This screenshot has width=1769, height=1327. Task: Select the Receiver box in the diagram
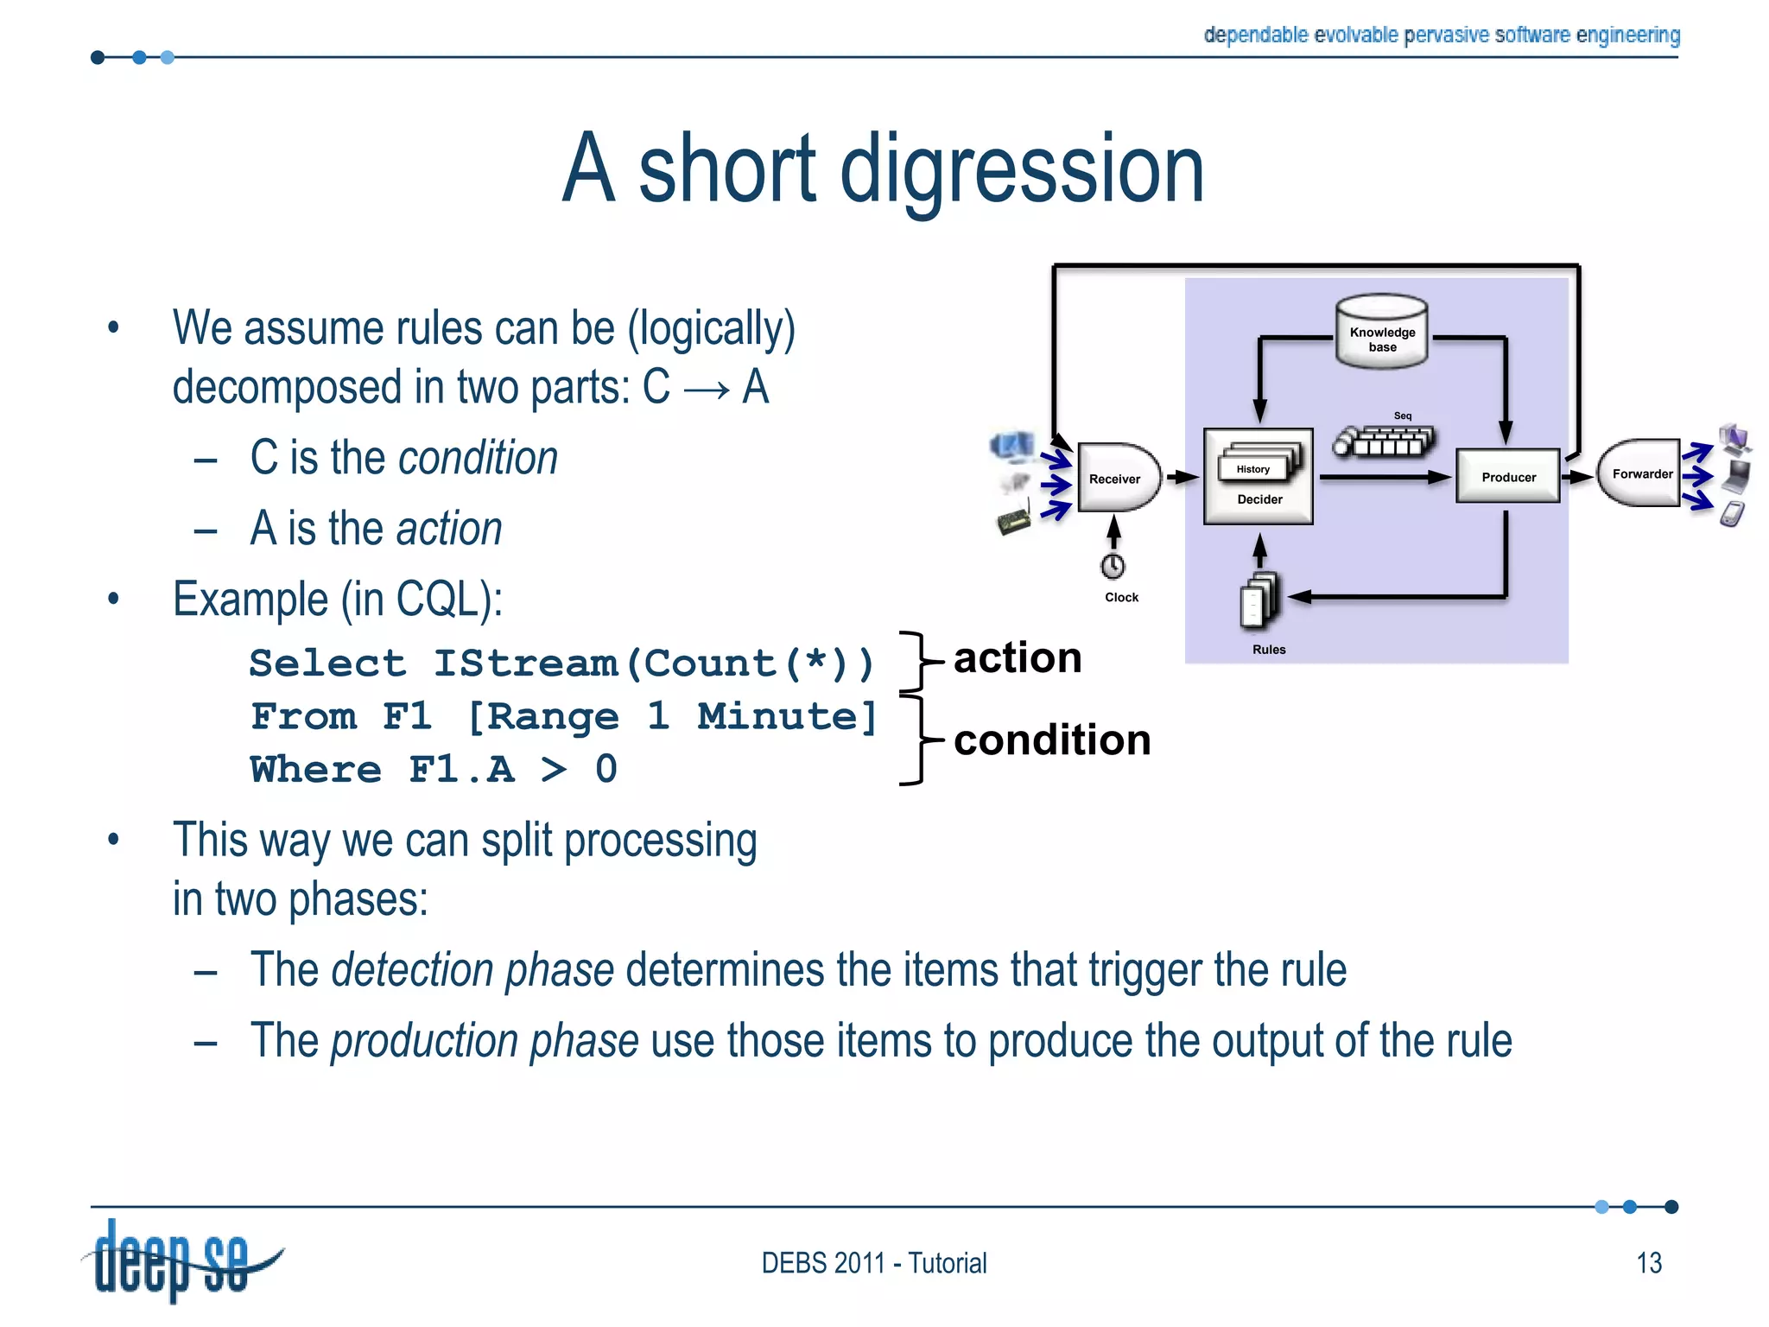pyautogui.click(x=1117, y=478)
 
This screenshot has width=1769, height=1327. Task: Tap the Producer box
pyautogui.click(x=1507, y=476)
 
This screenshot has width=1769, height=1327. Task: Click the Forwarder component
pyautogui.click(x=1640, y=473)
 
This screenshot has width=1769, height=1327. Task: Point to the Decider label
pyautogui.click(x=1259, y=499)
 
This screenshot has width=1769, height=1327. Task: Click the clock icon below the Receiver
pyautogui.click(x=1113, y=567)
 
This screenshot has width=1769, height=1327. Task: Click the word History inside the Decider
pyautogui.click(x=1252, y=469)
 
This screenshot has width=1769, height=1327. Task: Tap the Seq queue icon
pyautogui.click(x=1385, y=441)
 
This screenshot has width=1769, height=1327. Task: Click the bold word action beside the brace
pyautogui.click(x=1017, y=658)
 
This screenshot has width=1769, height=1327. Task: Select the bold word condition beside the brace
pyautogui.click(x=1051, y=740)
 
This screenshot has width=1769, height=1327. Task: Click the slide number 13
pyautogui.click(x=1648, y=1263)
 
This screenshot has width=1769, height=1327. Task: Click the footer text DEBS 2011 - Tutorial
pyautogui.click(x=873, y=1263)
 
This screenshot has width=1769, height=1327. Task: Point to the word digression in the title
pyautogui.click(x=1021, y=170)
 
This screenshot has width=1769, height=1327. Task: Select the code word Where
pyautogui.click(x=315, y=769)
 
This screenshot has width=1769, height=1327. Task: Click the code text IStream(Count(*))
pyautogui.click(x=654, y=663)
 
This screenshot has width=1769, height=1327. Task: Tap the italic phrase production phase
pyautogui.click(x=485, y=1041)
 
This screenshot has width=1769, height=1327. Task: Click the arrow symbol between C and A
pyautogui.click(x=706, y=389)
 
